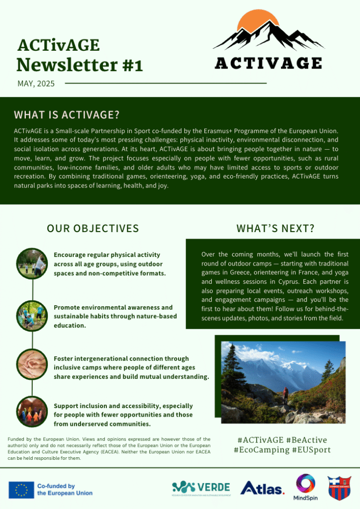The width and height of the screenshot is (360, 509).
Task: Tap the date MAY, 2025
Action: (36, 84)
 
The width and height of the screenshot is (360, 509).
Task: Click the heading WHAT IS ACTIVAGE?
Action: (67, 115)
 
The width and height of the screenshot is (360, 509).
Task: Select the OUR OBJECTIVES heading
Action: (92, 228)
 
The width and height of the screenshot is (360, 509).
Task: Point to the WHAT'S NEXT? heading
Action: (275, 228)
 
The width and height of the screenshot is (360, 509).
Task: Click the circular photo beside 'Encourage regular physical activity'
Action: (32, 263)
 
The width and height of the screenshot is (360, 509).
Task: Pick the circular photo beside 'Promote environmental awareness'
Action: (32, 316)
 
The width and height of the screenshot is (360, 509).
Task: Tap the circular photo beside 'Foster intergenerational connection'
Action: (32, 364)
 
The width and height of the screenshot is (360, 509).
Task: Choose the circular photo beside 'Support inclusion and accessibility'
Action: (32, 412)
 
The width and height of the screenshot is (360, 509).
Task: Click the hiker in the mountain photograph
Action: (285, 395)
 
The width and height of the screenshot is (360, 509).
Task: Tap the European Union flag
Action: (21, 490)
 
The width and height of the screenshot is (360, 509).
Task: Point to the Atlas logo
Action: (262, 489)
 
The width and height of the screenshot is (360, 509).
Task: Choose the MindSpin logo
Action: (305, 486)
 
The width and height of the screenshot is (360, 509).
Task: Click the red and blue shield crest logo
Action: (339, 488)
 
